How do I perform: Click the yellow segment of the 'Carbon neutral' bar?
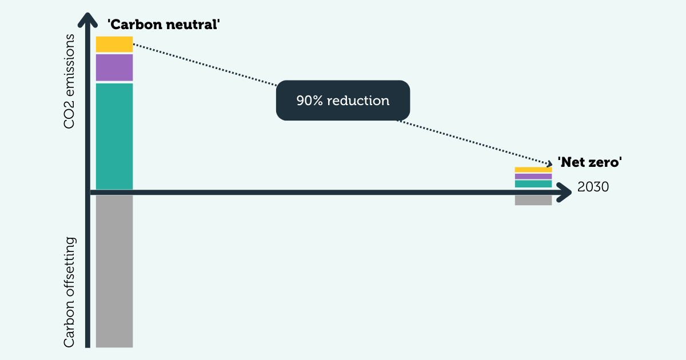coord(114,44)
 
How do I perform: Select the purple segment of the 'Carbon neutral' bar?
coord(114,67)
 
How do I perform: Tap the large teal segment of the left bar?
coord(114,136)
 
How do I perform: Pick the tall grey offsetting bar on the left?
coord(114,271)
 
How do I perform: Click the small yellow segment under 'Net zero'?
coord(533,170)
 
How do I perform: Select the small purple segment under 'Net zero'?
coord(533,177)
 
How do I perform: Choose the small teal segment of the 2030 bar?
coord(533,184)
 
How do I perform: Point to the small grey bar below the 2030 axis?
coord(533,201)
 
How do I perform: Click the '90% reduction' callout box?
coord(343,101)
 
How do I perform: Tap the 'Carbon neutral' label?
coord(163,25)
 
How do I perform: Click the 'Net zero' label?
coord(589,162)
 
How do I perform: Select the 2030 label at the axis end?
coord(593,187)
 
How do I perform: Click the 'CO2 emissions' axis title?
coord(69,81)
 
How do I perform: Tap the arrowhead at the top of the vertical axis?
coord(87,20)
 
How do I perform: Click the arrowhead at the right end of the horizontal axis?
coord(564,193)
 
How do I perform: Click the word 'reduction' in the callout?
coord(359,101)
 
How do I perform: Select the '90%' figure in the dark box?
coord(309,101)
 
